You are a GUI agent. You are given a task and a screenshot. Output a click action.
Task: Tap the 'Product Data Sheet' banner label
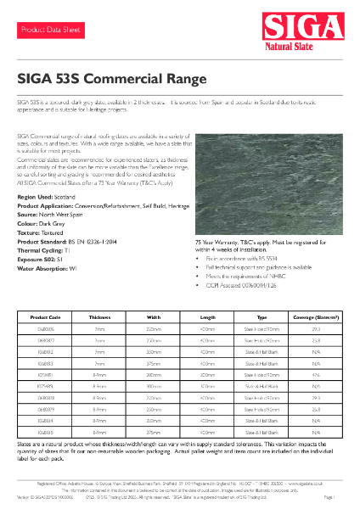pos(50,30)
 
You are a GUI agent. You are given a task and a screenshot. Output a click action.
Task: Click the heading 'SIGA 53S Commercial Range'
pos(112,79)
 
